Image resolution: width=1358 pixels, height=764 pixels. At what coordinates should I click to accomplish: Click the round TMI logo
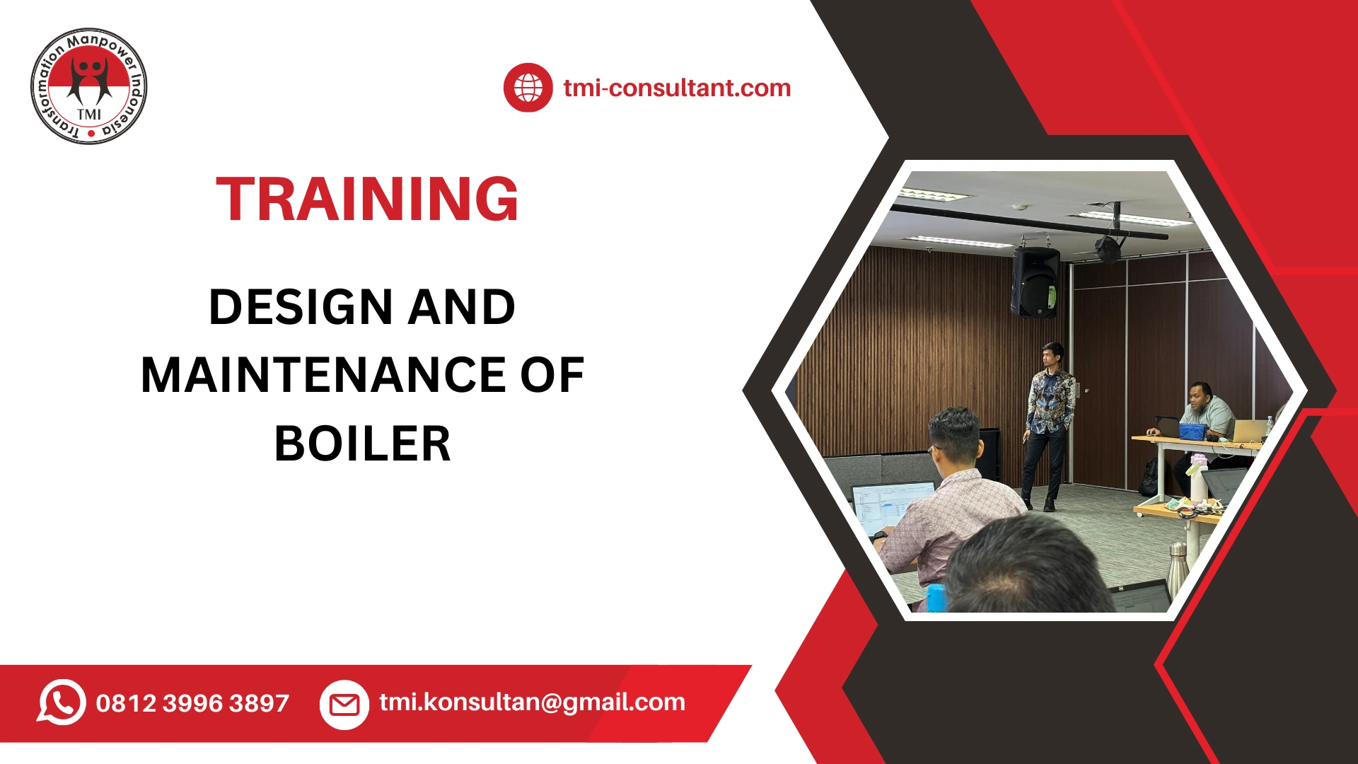pyautogui.click(x=89, y=86)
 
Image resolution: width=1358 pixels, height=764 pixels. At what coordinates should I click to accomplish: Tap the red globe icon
pyautogui.click(x=528, y=88)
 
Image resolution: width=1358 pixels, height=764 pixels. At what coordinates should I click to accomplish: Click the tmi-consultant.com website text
pyautogui.click(x=677, y=88)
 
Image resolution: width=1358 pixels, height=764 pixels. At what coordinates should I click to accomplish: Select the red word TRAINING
pyautogui.click(x=367, y=199)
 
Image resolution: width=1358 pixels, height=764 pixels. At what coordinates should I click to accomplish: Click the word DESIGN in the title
pyautogui.click(x=301, y=308)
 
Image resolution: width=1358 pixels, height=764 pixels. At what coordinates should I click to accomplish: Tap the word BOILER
pyautogui.click(x=362, y=444)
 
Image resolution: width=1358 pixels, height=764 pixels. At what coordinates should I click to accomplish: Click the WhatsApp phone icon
pyautogui.click(x=62, y=702)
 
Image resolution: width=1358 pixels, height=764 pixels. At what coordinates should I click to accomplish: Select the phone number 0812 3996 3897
pyautogui.click(x=192, y=703)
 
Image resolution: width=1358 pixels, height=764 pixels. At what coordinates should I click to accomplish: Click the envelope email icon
pyautogui.click(x=344, y=705)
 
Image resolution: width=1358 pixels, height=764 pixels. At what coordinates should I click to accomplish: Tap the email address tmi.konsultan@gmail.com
pyautogui.click(x=532, y=702)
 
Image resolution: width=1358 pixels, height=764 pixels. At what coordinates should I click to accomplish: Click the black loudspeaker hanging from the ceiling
pyautogui.click(x=1035, y=281)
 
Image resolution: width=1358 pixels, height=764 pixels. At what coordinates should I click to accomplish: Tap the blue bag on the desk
pyautogui.click(x=1192, y=431)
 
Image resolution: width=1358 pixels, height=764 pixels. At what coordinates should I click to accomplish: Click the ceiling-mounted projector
pyautogui.click(x=1108, y=248)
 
